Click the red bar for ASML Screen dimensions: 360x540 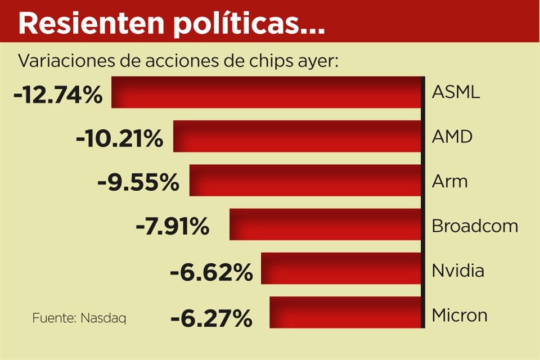point(267,92)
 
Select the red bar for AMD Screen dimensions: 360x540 point(298,136)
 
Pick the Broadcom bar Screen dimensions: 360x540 point(326,224)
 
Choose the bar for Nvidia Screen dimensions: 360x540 point(341,268)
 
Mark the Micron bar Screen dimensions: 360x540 point(345,312)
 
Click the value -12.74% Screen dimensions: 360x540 point(58,94)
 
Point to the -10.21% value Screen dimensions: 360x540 point(119,138)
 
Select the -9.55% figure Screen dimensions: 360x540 point(138,182)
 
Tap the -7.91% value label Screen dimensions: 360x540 point(172,227)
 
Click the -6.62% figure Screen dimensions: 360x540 point(211,273)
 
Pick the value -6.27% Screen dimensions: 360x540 point(211,319)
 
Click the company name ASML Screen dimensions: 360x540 point(456,92)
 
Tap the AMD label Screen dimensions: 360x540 point(452,136)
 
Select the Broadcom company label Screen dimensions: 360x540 point(475,226)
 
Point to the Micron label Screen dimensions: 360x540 point(460,315)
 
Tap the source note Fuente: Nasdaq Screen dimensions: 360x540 point(79,318)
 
